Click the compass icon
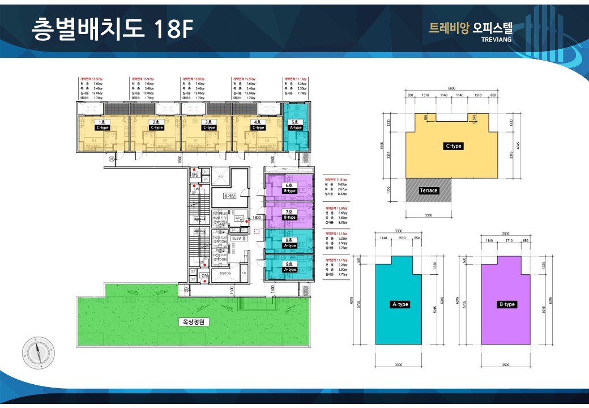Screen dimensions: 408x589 (x=39, y=353)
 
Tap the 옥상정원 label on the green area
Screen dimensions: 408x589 (x=194, y=322)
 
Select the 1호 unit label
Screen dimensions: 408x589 (x=103, y=122)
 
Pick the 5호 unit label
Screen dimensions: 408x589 (x=296, y=122)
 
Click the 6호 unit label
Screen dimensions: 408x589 (x=289, y=185)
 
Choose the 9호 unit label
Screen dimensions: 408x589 (x=289, y=264)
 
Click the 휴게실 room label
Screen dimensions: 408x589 (x=229, y=196)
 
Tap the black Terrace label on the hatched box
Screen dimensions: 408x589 (x=429, y=190)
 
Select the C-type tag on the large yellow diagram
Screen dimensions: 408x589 (x=454, y=146)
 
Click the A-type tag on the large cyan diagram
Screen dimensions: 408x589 (x=400, y=304)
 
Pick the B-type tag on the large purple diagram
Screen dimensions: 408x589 (x=507, y=304)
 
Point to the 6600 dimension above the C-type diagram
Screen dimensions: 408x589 (x=452, y=88)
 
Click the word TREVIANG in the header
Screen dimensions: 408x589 (x=496, y=40)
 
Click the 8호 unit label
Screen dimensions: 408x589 (x=289, y=240)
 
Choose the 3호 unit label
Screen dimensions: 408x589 (x=210, y=122)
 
